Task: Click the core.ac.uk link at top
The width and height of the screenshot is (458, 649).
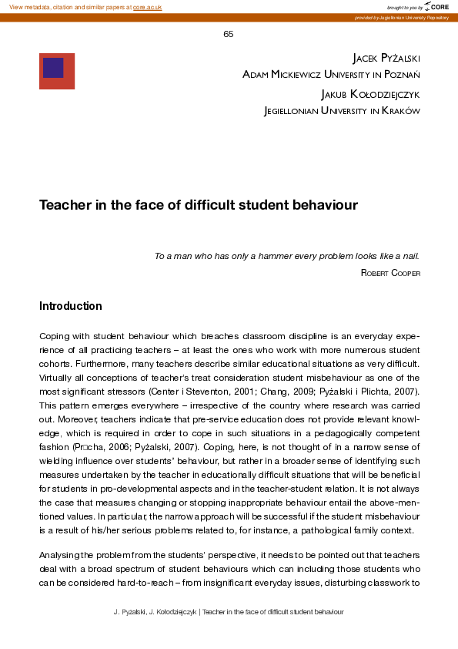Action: (147, 7)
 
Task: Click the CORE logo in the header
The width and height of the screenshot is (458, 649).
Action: (436, 7)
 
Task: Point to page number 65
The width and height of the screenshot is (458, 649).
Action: (229, 34)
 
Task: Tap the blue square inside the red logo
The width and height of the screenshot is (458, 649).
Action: (53, 68)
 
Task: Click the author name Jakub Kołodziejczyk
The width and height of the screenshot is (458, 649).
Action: (370, 95)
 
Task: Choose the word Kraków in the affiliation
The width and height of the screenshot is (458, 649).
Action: (402, 111)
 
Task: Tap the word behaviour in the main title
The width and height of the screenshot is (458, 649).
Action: (327, 206)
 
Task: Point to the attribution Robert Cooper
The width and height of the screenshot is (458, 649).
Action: (390, 273)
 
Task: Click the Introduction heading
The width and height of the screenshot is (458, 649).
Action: (71, 306)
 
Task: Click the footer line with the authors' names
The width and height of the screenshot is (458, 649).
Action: (229, 611)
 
